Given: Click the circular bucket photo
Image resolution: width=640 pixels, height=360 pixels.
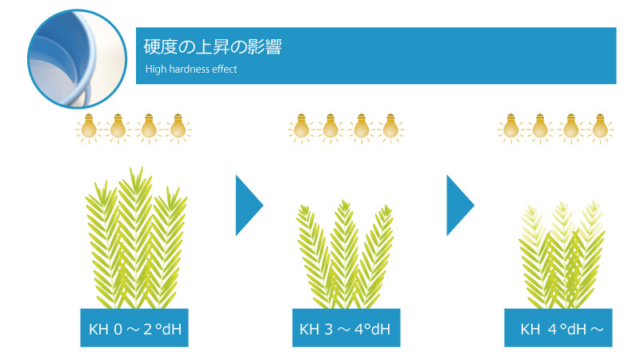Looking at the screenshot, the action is tap(77, 59).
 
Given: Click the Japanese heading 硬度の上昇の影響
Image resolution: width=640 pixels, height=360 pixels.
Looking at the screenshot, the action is tap(213, 47).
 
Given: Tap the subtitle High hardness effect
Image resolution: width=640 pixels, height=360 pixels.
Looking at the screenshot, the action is tap(191, 69).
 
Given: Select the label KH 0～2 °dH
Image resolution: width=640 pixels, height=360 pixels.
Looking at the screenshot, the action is tap(134, 329).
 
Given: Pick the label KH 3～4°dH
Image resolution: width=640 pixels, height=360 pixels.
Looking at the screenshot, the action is tap(345, 329).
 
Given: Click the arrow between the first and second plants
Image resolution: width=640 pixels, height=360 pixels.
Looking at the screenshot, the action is tap(249, 206).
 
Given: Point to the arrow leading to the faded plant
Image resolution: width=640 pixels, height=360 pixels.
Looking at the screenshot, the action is tap(460, 206).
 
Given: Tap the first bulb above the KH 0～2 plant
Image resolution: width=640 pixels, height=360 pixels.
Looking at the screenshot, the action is tap(89, 128).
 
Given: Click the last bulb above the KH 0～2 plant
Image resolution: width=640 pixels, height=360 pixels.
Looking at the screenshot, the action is tap(178, 128).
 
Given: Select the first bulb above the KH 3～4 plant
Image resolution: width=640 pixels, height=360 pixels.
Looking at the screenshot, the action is tap(302, 128).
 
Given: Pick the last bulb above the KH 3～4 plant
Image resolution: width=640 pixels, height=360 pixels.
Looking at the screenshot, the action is tap(390, 128).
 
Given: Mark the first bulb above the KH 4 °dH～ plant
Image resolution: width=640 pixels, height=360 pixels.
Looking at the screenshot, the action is tap(510, 128).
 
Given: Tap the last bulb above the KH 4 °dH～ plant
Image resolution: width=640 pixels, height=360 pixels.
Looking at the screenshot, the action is tap(600, 128).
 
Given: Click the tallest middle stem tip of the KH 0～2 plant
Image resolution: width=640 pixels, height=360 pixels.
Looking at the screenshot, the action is tap(131, 167).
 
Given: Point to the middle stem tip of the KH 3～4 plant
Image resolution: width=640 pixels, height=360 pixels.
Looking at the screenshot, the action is tap(346, 201).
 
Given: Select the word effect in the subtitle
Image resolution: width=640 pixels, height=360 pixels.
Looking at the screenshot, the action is tap(225, 69).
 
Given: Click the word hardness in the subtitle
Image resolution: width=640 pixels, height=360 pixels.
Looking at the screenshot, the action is tap(189, 69).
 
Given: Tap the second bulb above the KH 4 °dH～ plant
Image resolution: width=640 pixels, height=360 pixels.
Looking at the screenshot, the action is tap(540, 128).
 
